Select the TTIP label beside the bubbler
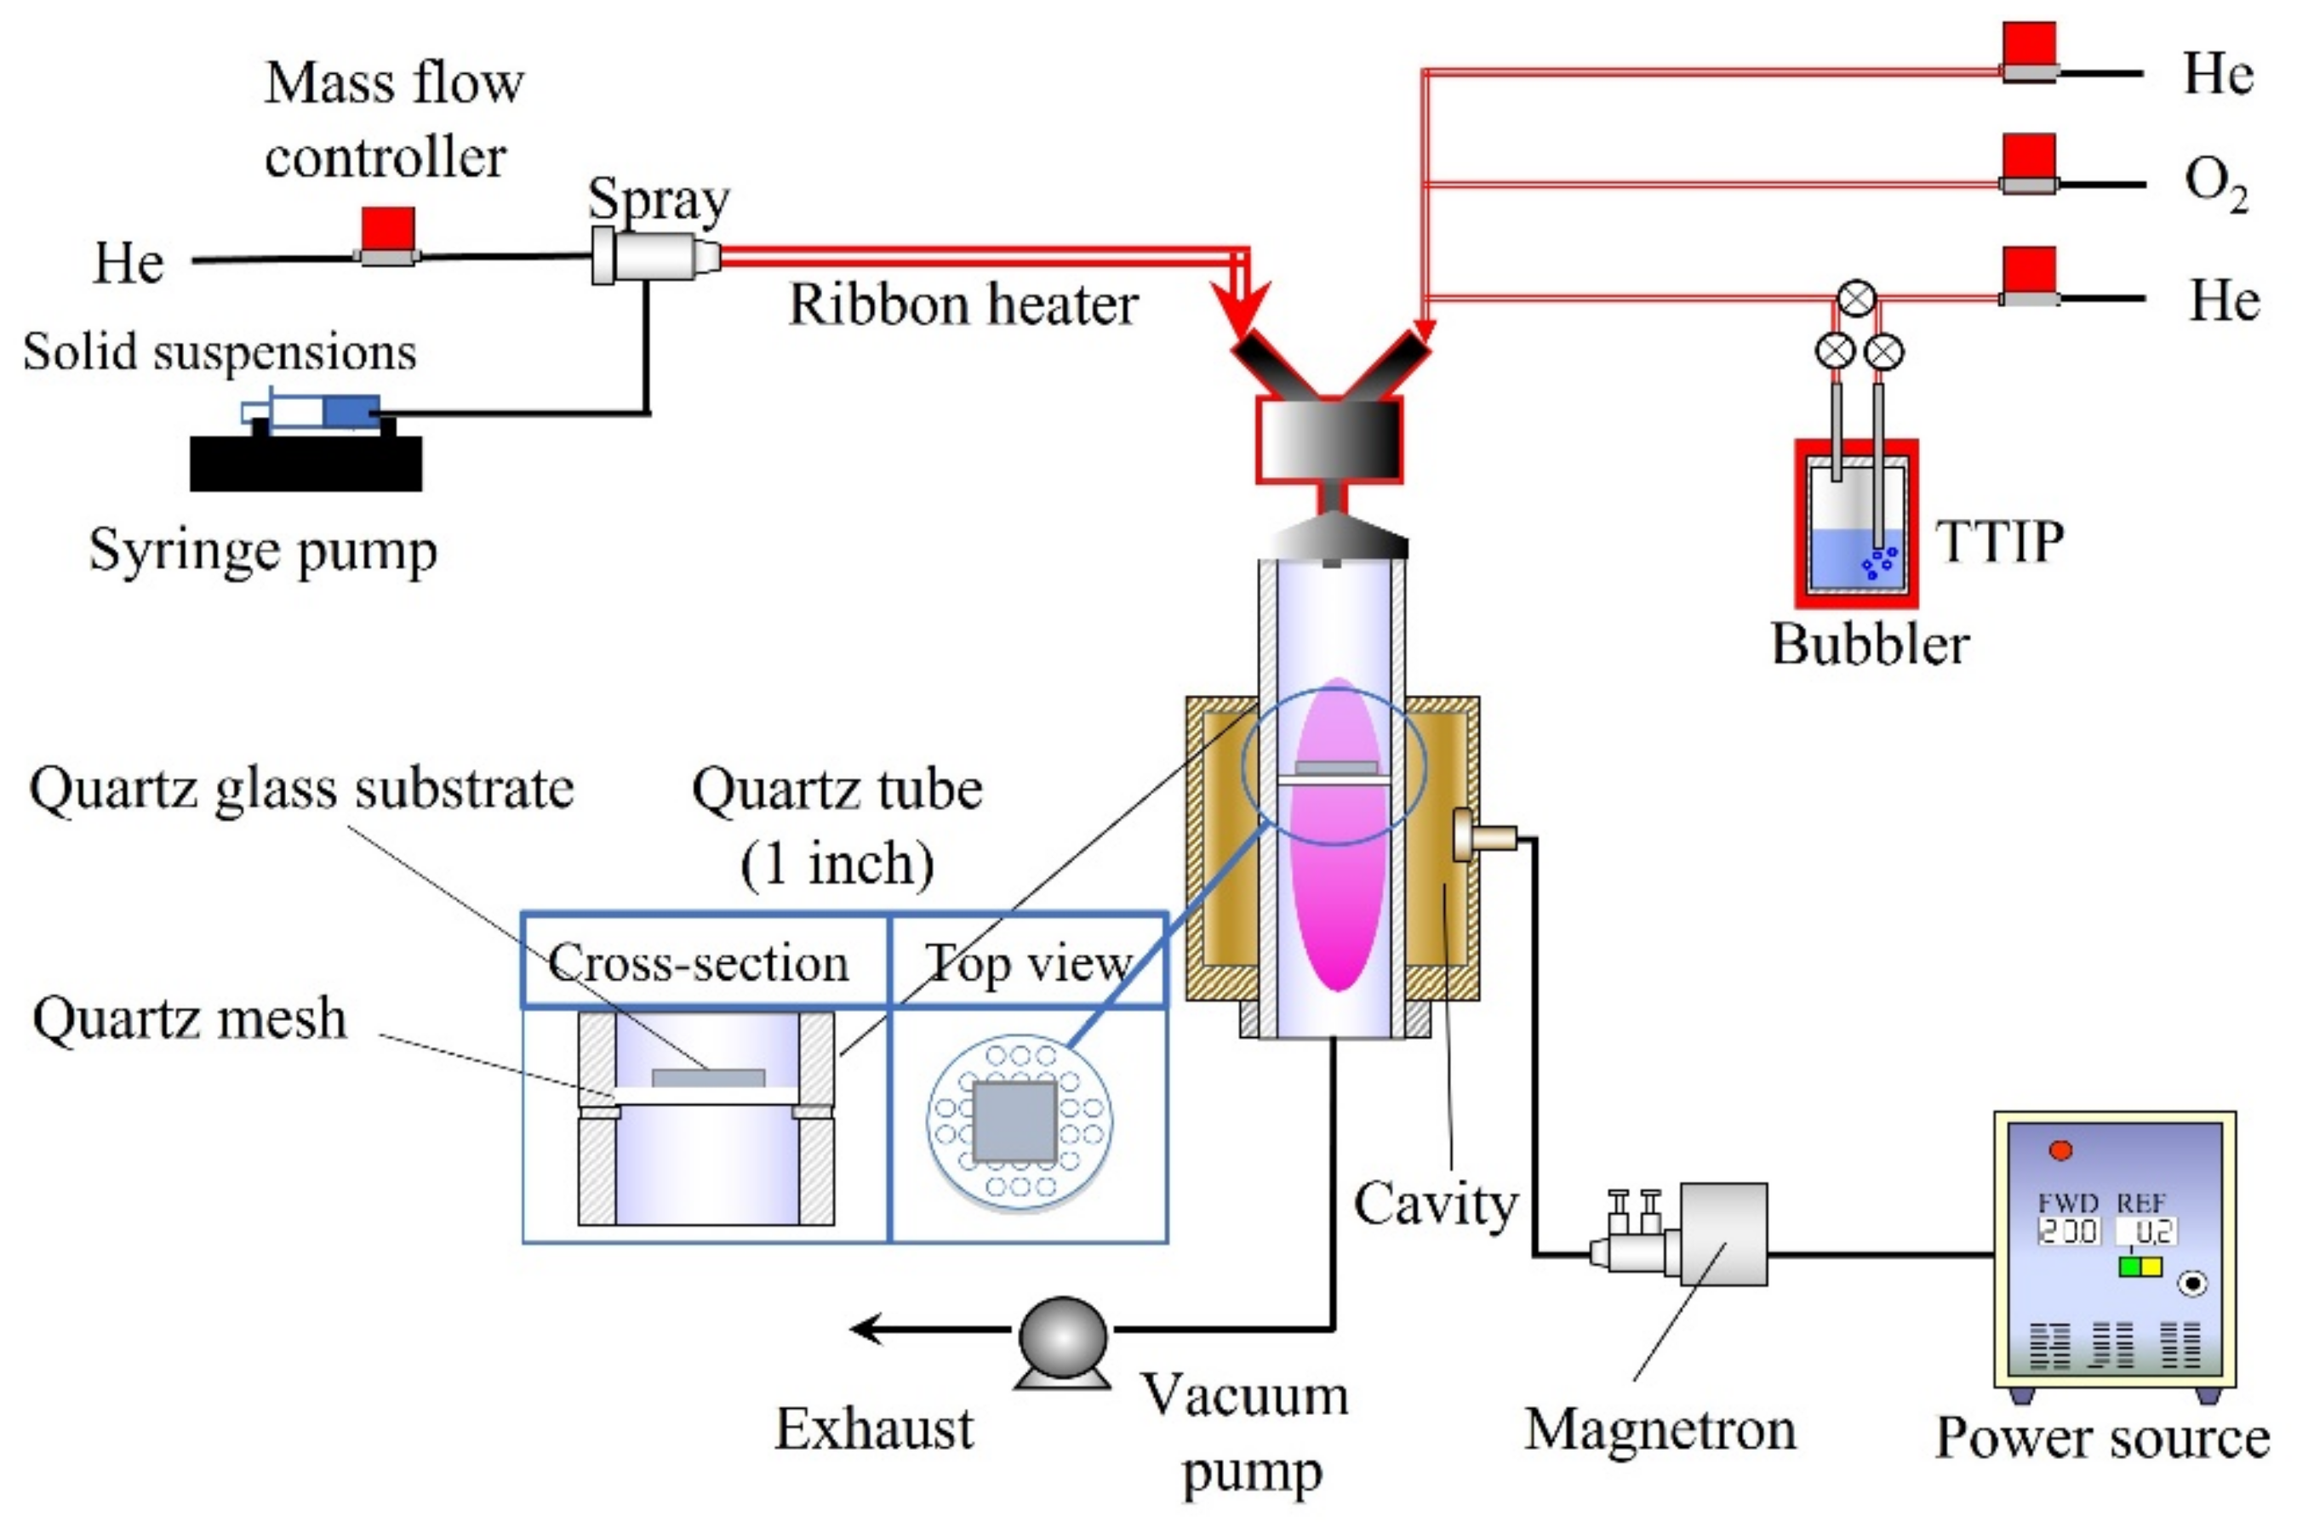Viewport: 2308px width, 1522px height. (1999, 541)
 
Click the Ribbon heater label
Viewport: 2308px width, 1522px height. (963, 305)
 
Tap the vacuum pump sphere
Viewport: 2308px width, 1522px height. (1062, 1337)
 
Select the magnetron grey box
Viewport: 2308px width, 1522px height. (1722, 1234)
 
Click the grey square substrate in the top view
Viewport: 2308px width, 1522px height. (1014, 1122)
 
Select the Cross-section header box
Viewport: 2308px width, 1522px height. (705, 961)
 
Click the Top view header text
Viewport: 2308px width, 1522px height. (1028, 963)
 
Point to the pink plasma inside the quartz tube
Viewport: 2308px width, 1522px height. (1338, 874)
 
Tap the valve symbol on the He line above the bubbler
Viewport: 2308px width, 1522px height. (1856, 298)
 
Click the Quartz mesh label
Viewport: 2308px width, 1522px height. (189, 1018)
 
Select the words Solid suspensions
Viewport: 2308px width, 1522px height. (220, 351)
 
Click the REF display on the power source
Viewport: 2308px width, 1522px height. (2145, 1231)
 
